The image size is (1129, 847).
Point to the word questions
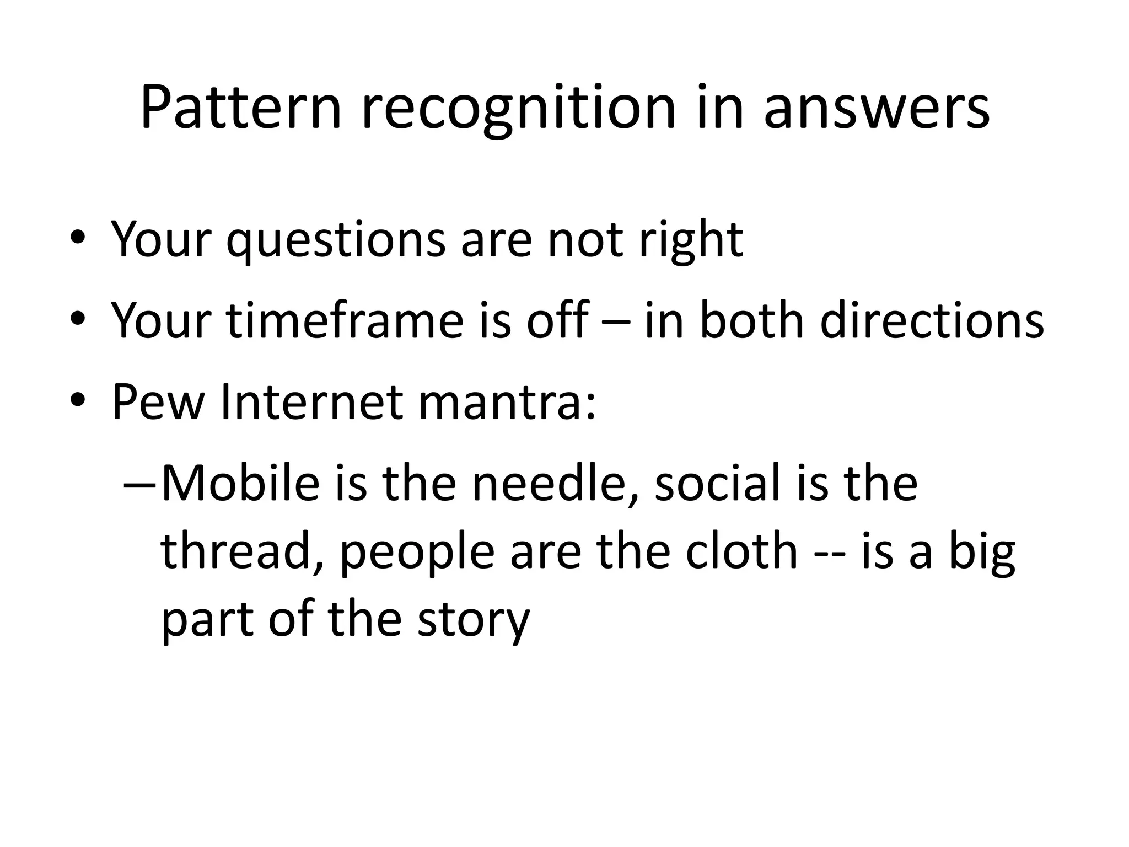coord(335,241)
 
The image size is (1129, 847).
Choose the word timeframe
coord(345,321)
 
